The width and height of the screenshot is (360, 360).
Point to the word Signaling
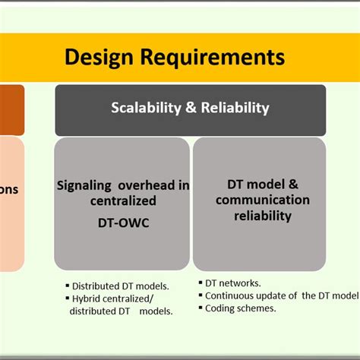88,185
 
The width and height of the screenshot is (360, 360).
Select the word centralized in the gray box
122,201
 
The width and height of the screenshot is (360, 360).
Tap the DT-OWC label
122,223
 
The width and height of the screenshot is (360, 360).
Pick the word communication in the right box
262,201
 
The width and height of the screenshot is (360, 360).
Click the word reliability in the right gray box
262,216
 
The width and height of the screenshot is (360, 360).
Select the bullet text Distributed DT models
120,286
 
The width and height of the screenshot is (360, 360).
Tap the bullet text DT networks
233,283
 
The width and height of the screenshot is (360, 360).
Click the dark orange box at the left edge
11,105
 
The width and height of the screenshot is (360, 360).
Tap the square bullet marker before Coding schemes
200,308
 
